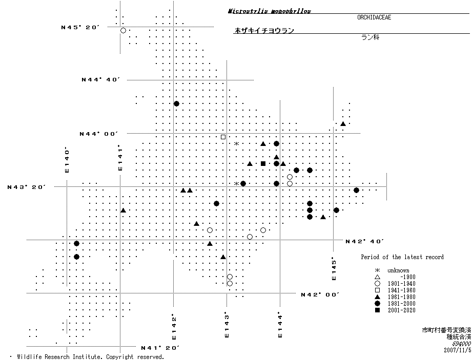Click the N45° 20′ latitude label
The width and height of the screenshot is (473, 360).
(x=80, y=27)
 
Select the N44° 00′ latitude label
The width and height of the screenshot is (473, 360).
(x=99, y=134)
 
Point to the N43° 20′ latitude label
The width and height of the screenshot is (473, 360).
(x=27, y=187)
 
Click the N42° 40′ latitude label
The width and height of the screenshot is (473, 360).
(x=365, y=241)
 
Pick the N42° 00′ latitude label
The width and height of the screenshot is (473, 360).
(x=320, y=294)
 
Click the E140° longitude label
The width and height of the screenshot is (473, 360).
(x=67, y=160)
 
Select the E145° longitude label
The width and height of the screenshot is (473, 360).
(x=334, y=268)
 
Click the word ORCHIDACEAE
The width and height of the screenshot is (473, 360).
(x=375, y=17)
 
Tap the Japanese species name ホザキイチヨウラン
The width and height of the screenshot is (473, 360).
(x=264, y=31)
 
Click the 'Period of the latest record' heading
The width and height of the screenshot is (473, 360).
(x=402, y=257)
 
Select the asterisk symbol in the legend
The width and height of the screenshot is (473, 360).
(x=377, y=270)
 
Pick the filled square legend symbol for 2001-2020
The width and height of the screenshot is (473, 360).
(x=377, y=310)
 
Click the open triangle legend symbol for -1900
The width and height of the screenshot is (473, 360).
(x=377, y=277)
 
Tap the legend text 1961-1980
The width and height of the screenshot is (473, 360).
(x=401, y=297)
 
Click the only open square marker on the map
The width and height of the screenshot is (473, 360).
(x=223, y=137)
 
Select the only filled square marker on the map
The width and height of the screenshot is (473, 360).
(x=263, y=163)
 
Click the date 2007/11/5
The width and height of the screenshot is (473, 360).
(x=457, y=350)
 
